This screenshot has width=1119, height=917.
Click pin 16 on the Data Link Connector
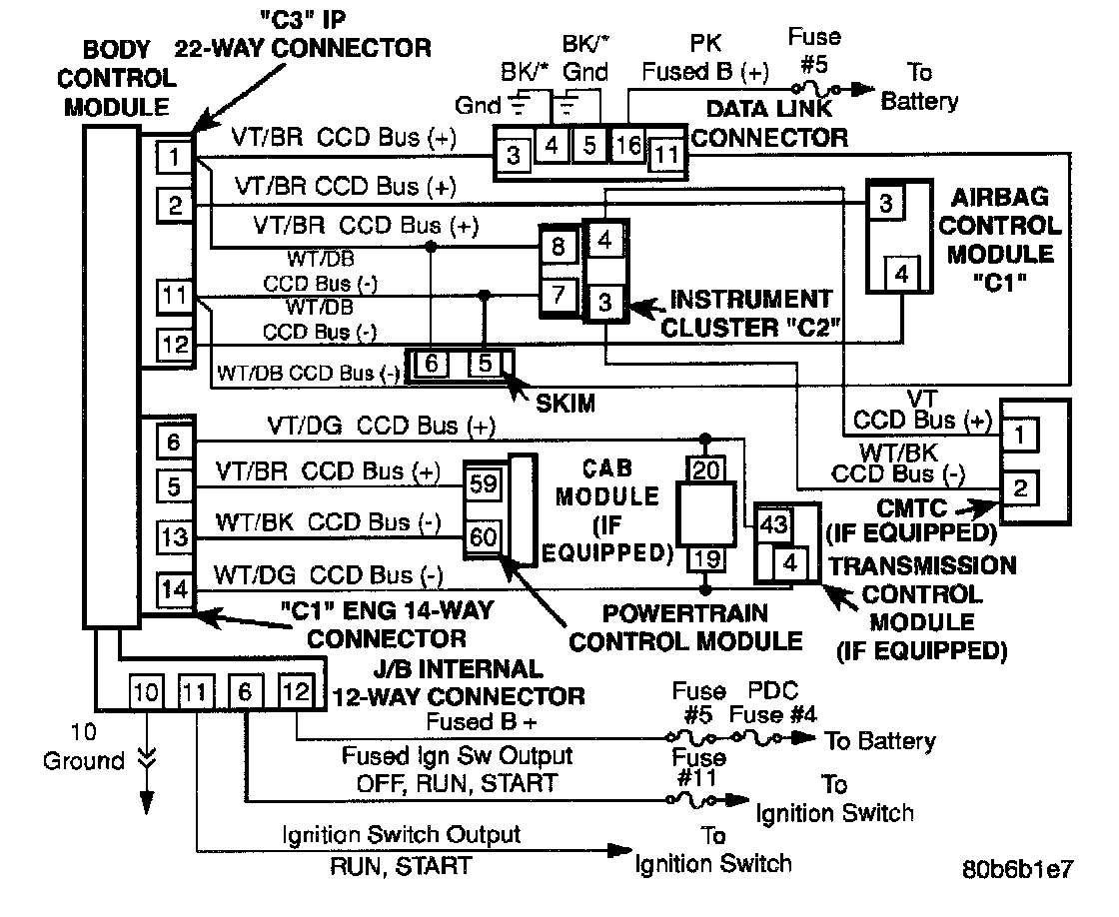pos(629,145)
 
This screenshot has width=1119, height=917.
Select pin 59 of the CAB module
pos(483,484)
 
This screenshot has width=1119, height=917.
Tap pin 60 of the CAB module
pos(483,536)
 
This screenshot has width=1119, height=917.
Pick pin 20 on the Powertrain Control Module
pos(706,467)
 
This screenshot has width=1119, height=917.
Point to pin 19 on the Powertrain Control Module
pos(706,558)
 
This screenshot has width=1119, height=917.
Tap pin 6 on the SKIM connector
pos(432,365)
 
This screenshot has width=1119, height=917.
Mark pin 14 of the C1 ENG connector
pos(174,588)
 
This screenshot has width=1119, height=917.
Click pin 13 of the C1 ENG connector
pos(174,537)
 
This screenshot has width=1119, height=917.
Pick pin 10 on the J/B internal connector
pos(146,691)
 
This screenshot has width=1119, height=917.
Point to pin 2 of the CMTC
pos(1020,488)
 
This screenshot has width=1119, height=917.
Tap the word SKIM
pos(565,404)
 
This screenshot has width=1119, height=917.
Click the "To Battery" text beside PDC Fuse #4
pos(879,741)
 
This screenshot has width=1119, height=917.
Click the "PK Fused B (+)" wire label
pos(705,58)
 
